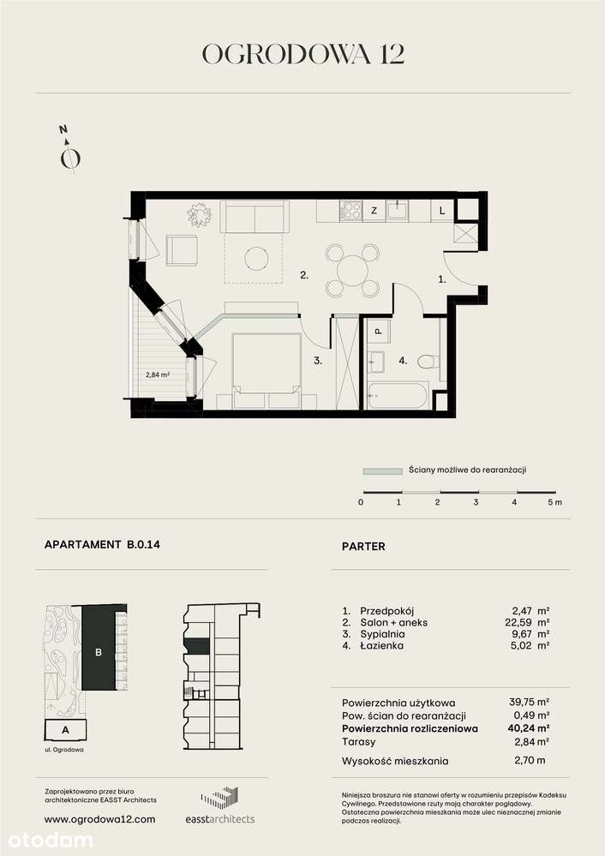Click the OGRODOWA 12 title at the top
point(302,54)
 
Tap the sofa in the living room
point(255,217)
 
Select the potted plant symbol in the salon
point(200,213)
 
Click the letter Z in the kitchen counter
point(374,210)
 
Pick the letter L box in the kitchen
point(441,210)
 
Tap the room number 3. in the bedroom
point(317,362)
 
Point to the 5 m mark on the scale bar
point(554,502)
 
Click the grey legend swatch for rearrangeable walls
point(382,470)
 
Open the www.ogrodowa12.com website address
point(99,819)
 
